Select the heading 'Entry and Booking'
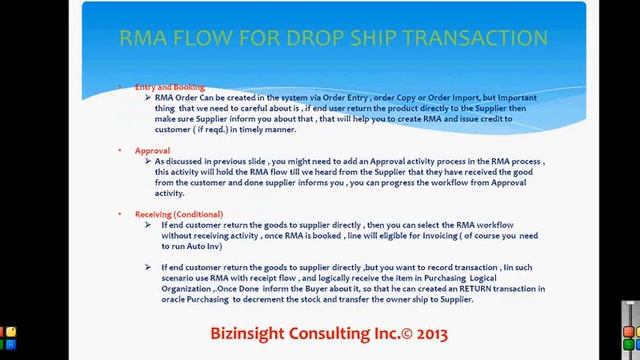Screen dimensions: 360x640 pos(169,88)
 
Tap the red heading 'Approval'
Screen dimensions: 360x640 pos(152,150)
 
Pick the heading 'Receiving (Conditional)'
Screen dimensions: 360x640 pos(179,214)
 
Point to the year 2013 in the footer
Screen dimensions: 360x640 pos(424,332)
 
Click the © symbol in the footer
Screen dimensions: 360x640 pos(393,332)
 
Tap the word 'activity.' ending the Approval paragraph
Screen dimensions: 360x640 pos(170,193)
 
